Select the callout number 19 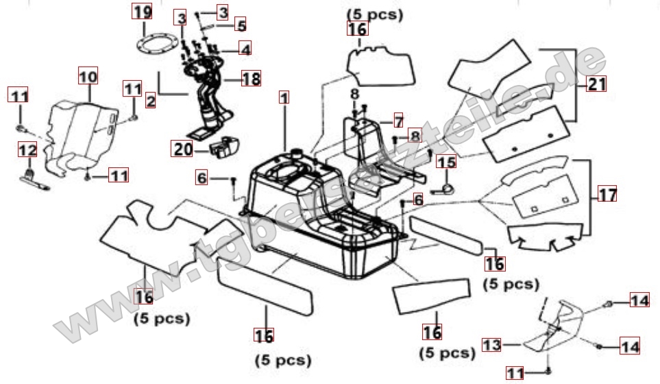[140, 12]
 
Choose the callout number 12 [27, 149]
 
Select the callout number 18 [252, 78]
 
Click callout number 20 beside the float [182, 149]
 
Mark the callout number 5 [241, 25]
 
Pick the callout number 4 [245, 48]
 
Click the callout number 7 [398, 121]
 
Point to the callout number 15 [446, 162]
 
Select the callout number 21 [598, 84]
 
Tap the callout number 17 [607, 194]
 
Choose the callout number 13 [491, 344]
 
